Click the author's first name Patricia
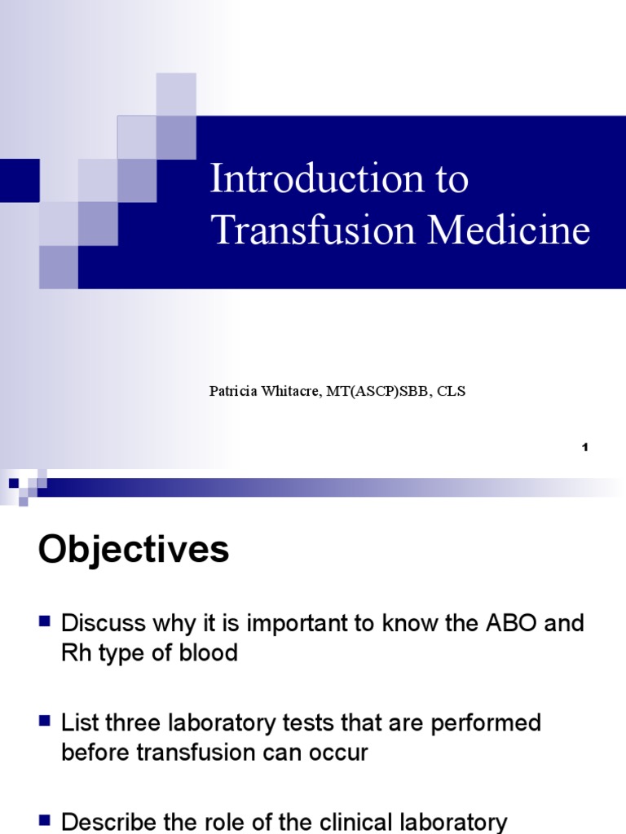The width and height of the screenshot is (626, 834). pos(232,392)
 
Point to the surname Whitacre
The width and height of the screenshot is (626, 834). pos(292,392)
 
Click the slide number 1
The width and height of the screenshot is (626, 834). pos(584,447)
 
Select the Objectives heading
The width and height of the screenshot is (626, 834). pos(134,551)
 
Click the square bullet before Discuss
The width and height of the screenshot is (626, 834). pos(46,623)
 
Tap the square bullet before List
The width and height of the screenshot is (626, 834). pos(46,722)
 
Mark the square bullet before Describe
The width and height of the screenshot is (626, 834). pos(46,821)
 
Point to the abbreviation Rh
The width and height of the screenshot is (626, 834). pos(75,653)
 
